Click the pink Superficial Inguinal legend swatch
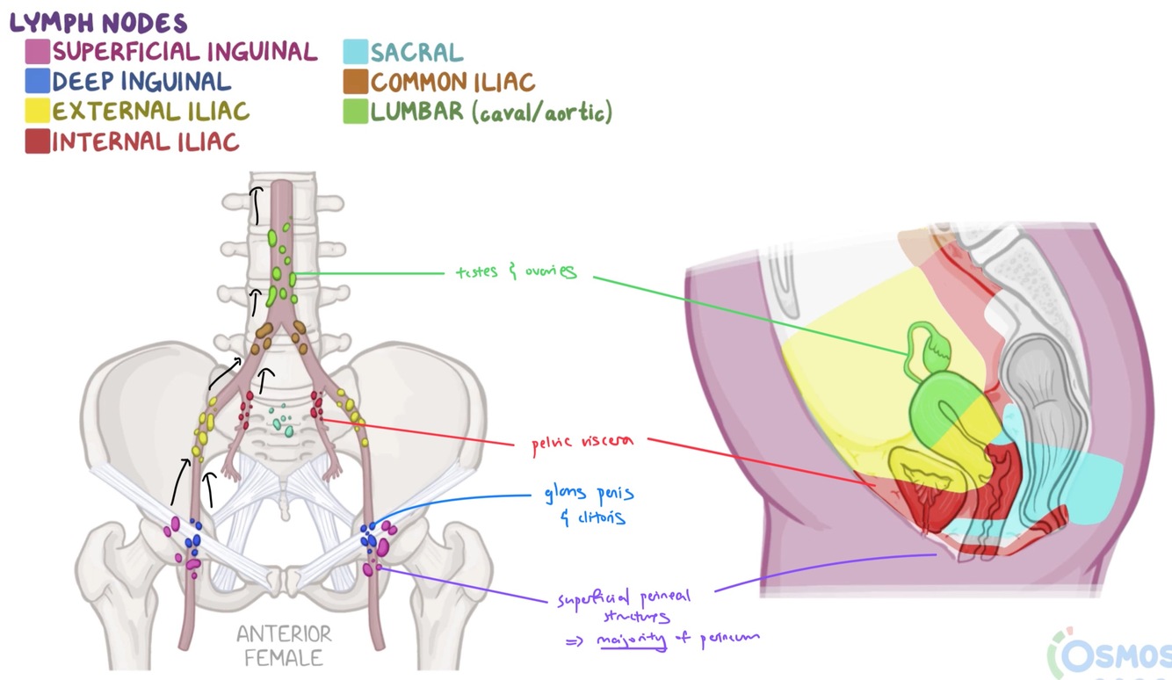point(38,52)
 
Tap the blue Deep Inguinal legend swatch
point(38,82)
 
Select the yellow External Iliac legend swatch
point(38,112)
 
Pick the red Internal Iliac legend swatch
point(38,141)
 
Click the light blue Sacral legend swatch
point(356,52)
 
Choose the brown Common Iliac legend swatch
point(356,82)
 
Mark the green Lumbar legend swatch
point(356,112)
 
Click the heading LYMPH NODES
point(98,21)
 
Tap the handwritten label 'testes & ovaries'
point(516,272)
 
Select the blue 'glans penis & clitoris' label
point(590,504)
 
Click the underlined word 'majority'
point(632,639)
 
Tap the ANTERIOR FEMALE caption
point(284,645)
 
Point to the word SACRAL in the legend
point(416,52)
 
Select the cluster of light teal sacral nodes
point(282,416)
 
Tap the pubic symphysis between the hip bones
point(286,580)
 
